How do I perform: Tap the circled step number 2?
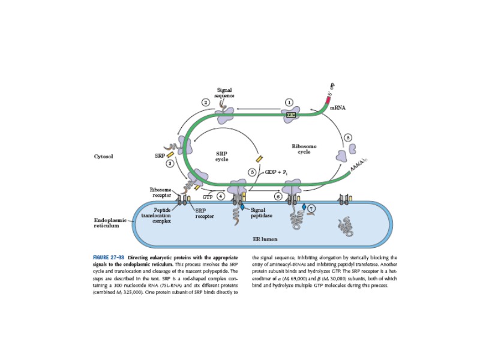206,103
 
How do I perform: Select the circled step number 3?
170,163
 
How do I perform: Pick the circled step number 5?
253,172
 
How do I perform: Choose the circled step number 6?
278,196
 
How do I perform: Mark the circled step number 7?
311,208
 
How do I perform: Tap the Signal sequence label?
224,92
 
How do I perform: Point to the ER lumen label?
265,238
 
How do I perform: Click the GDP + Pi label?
275,172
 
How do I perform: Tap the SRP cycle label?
221,156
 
